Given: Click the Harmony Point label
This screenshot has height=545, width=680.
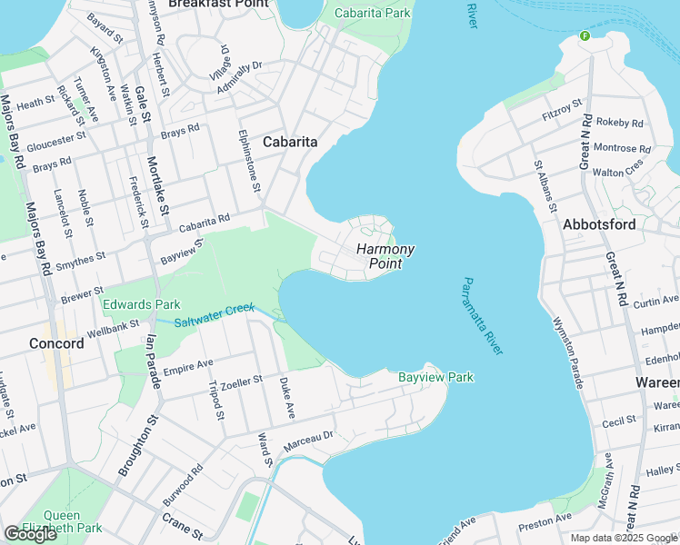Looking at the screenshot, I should click(x=385, y=256).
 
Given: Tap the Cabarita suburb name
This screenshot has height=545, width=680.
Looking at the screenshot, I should click(x=290, y=142).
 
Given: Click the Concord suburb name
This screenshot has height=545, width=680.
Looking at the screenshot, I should click(x=56, y=343).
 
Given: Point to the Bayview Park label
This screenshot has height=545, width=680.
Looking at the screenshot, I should click(x=435, y=377).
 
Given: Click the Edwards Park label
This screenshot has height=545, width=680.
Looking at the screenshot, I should click(x=141, y=304).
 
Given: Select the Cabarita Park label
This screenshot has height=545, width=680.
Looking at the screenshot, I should click(x=373, y=14).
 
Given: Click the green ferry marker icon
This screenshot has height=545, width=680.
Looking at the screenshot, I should click(x=585, y=36).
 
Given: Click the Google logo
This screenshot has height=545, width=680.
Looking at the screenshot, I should click(x=30, y=534).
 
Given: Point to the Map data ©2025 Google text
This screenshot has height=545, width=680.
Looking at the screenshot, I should click(x=625, y=538).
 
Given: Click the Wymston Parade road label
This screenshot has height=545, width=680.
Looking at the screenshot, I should click(x=566, y=352).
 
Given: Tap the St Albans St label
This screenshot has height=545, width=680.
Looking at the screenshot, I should click(x=545, y=187).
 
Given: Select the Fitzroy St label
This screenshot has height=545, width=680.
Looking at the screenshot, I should click(x=561, y=110).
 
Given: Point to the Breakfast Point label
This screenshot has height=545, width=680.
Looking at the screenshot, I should click(x=219, y=4).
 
